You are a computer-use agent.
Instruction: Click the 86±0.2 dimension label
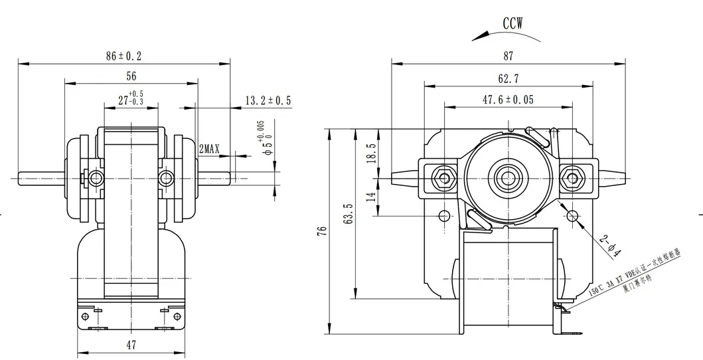(123, 56)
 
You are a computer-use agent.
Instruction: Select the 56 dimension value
(131, 76)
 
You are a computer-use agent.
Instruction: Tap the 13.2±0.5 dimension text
(268, 100)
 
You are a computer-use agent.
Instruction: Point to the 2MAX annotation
(210, 149)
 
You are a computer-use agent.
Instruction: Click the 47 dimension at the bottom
(131, 344)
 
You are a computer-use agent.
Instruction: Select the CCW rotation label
(512, 23)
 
